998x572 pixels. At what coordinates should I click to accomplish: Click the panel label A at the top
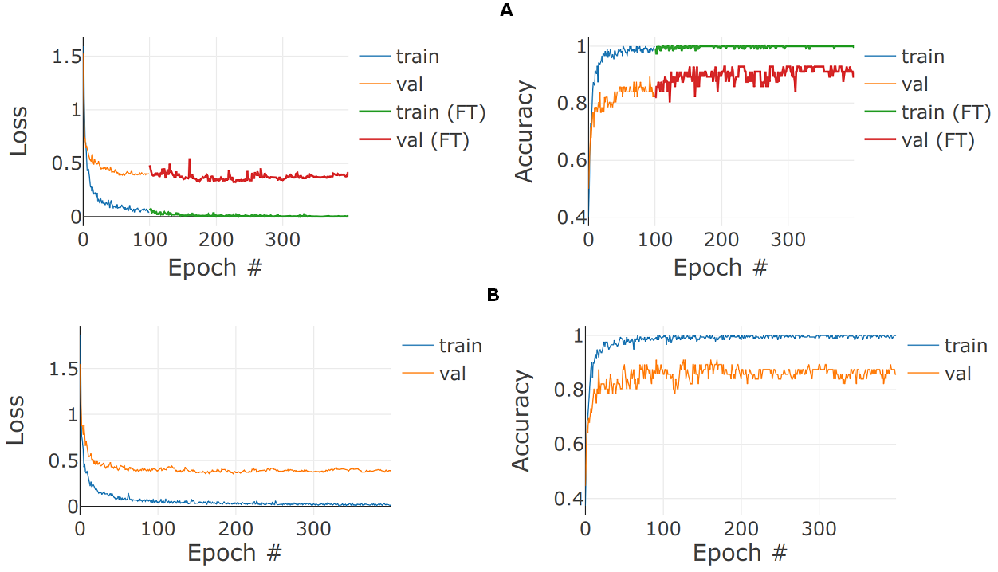pyautogui.click(x=505, y=10)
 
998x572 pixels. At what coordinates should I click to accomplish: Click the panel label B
pyautogui.click(x=493, y=296)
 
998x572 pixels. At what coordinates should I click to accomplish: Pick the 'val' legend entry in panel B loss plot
pyautogui.click(x=452, y=373)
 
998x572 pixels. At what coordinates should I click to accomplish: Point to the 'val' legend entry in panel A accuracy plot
pyautogui.click(x=914, y=84)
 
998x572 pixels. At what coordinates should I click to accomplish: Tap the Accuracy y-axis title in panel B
pyautogui.click(x=522, y=421)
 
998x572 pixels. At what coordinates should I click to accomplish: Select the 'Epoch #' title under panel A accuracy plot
pyautogui.click(x=720, y=268)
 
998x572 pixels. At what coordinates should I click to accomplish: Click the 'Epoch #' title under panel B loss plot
pyautogui.click(x=234, y=553)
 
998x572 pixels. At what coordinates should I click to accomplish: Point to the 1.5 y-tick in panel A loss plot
pyautogui.click(x=65, y=57)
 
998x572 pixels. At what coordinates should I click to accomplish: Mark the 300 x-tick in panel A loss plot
pyautogui.click(x=281, y=240)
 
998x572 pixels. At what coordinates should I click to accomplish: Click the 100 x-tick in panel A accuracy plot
pyautogui.click(x=654, y=240)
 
